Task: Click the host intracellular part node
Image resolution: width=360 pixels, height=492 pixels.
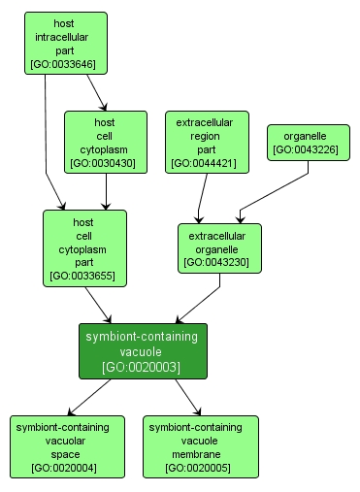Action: pyautogui.click(x=66, y=44)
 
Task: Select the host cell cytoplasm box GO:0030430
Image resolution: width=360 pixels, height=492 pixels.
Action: pyautogui.click(x=106, y=143)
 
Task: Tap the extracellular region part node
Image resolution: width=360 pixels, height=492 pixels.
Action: pyautogui.click(x=208, y=143)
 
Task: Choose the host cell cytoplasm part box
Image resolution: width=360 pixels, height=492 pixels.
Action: pyautogui.click(x=84, y=248)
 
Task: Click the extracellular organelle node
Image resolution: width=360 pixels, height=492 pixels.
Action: pyautogui.click(x=218, y=248)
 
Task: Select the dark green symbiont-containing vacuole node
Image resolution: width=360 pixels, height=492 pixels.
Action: pyautogui.click(x=143, y=351)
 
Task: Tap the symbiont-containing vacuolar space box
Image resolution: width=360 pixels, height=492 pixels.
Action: pyautogui.click(x=68, y=446)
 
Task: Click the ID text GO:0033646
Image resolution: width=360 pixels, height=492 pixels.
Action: pyautogui.click(x=66, y=65)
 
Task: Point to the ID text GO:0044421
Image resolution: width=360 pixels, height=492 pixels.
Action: pyautogui.click(x=208, y=164)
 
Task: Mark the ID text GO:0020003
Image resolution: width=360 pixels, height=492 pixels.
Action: pyautogui.click(x=143, y=367)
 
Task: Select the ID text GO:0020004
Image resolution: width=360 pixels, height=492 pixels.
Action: pyautogui.click(x=68, y=468)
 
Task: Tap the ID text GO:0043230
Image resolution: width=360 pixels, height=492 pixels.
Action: pyautogui.click(x=218, y=262)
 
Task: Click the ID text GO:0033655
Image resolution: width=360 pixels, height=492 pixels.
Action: pyautogui.click(x=84, y=277)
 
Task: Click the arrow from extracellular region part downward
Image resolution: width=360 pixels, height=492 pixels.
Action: pyautogui.click(x=201, y=200)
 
